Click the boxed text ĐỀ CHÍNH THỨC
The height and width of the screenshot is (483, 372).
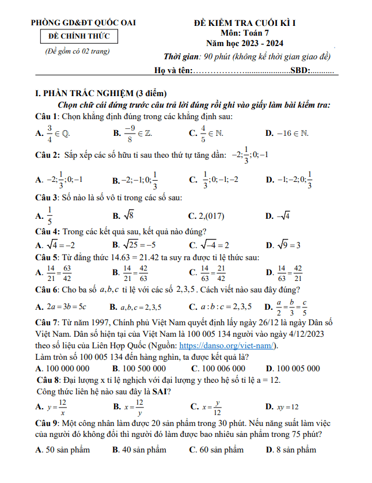pos(79,37)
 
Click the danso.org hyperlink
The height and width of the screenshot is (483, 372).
pos(229,346)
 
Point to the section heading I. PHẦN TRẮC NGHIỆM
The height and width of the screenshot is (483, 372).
pos(101,94)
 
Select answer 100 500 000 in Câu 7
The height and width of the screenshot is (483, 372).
pos(145,368)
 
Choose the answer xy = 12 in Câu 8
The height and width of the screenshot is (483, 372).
pos(287,406)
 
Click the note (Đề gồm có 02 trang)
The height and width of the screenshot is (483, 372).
pos(77,51)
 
